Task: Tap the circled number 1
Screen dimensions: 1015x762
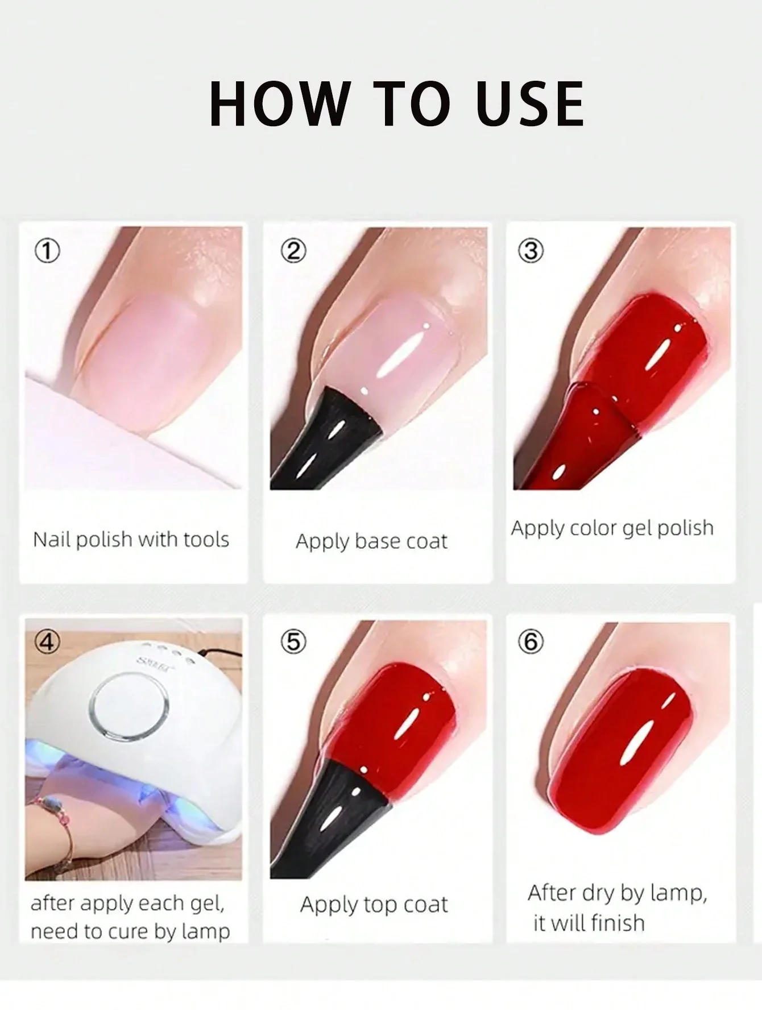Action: tap(47, 251)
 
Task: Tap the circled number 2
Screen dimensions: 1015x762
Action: tap(293, 251)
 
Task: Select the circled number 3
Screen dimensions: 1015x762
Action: tap(531, 251)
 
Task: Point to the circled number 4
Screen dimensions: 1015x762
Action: tap(47, 642)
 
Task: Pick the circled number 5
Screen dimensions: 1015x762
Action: tap(293, 642)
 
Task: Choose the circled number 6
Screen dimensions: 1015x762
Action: tap(531, 642)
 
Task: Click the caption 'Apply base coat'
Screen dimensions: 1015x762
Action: tap(371, 541)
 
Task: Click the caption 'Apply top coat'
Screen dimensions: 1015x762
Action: tap(374, 904)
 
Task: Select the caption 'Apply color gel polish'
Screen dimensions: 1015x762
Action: tap(612, 528)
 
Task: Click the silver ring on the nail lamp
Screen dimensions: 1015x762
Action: tap(129, 710)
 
